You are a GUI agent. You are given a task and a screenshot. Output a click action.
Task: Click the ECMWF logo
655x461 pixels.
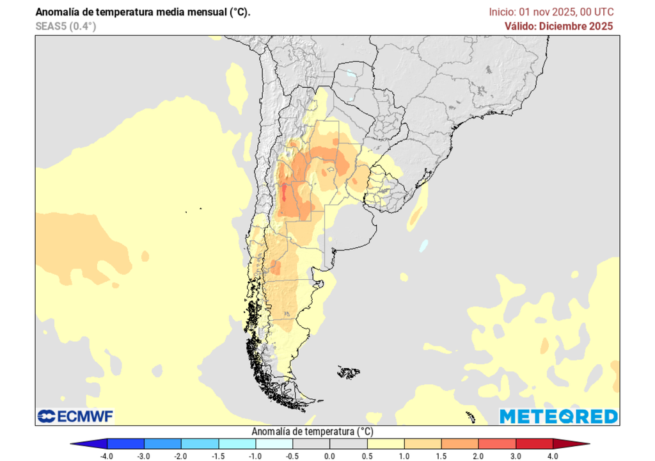click(75, 416)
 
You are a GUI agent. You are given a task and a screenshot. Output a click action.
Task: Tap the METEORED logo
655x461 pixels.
click(558, 416)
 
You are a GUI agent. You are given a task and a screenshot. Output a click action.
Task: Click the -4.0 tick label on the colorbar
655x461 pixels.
click(107, 456)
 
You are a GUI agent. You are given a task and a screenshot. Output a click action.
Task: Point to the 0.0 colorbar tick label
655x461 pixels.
click(329, 456)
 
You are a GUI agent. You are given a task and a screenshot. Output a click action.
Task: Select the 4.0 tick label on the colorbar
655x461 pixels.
click(553, 456)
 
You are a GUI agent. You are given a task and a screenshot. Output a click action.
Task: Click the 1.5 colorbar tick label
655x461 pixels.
click(441, 456)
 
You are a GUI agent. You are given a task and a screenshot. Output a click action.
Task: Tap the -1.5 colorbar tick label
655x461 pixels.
click(219, 456)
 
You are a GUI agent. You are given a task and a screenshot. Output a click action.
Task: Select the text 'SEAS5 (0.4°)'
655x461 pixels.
click(66, 26)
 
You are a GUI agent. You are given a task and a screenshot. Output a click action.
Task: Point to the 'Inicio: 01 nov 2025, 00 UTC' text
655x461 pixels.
click(551, 12)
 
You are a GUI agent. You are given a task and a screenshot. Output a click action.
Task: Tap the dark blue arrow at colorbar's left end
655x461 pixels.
click(88, 443)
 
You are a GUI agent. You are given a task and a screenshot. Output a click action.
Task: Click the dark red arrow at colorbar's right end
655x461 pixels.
click(571, 443)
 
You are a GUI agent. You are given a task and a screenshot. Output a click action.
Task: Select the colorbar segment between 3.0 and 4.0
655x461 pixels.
click(534, 443)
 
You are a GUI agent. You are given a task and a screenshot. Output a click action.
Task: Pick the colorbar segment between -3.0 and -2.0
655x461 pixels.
click(163, 443)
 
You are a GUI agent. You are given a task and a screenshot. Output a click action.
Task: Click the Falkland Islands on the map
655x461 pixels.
click(349, 371)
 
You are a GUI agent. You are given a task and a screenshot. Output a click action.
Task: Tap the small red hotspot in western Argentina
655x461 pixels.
click(283, 191)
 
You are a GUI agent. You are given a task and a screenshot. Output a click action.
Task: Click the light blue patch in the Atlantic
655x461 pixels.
click(423, 245)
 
